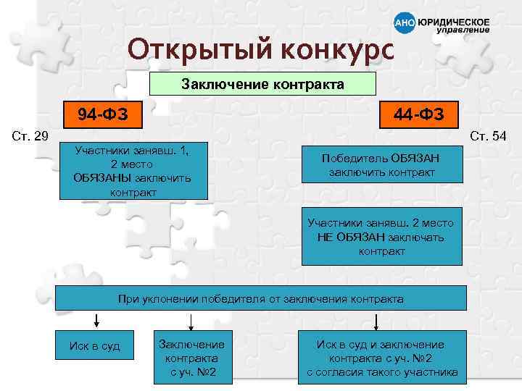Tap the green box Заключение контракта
(x=262, y=84)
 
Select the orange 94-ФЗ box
(x=99, y=114)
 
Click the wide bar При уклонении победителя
(x=261, y=298)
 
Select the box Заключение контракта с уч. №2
(x=191, y=358)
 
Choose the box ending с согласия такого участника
(x=381, y=358)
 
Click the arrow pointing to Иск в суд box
(x=95, y=321)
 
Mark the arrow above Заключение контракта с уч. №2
(x=190, y=321)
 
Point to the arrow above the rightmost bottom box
(x=376, y=321)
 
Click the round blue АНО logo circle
(x=404, y=22)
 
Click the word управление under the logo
(x=463, y=31)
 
